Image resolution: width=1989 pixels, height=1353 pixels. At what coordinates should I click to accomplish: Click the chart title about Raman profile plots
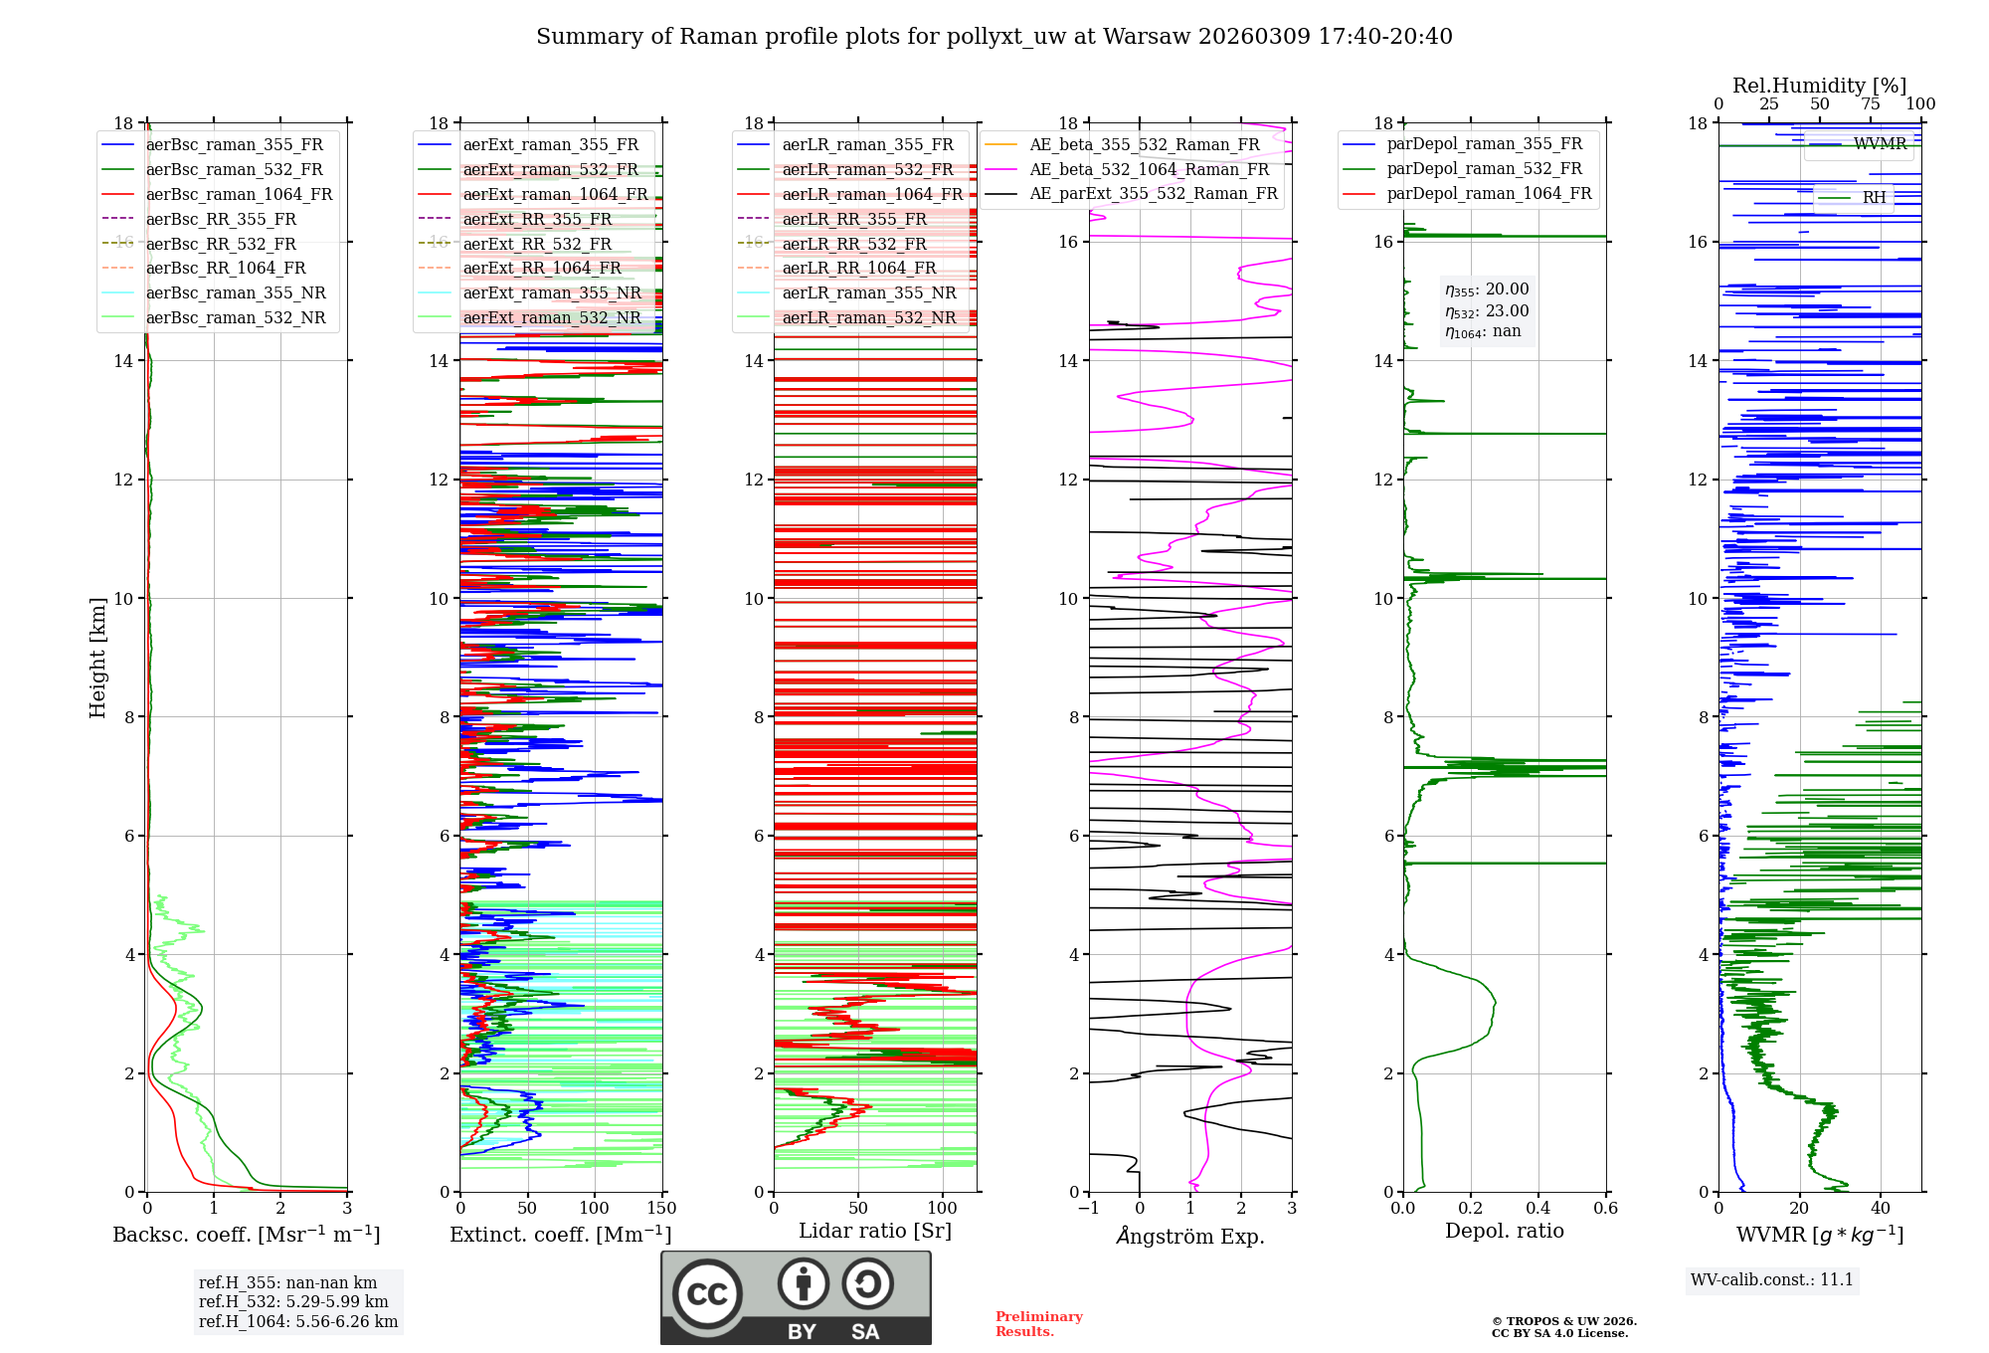994,37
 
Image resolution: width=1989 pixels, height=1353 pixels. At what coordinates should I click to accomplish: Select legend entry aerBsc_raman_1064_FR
239,195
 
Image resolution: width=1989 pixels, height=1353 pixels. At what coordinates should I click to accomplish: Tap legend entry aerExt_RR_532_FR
537,244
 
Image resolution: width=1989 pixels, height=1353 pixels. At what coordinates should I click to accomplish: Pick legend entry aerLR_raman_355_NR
868,293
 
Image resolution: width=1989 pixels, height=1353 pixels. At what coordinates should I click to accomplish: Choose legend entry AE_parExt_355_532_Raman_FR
1153,194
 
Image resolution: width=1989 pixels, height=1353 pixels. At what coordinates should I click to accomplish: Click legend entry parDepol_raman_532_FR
1484,169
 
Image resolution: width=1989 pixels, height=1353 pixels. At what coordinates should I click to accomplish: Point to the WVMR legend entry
1879,144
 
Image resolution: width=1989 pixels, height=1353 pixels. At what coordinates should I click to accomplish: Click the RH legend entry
1874,198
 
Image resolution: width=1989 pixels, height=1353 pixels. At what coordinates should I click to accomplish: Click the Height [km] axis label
97,657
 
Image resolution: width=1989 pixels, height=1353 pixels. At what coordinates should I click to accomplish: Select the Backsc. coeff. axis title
246,1235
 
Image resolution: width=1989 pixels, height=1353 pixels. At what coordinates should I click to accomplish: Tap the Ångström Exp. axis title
1190,1237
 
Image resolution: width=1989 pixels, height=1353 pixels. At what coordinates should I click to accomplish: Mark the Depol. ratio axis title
1504,1232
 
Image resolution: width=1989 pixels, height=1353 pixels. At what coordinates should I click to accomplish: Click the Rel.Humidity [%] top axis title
1819,86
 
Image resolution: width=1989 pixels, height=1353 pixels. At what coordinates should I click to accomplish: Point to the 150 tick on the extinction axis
661,1209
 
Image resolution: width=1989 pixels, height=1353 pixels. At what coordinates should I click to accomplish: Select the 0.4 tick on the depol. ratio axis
1537,1209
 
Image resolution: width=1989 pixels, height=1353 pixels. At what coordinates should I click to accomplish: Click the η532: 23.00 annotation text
1487,311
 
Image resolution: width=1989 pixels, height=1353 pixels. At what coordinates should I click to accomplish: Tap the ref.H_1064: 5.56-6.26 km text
297,1322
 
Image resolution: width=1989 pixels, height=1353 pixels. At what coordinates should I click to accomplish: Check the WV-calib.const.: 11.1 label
1771,1280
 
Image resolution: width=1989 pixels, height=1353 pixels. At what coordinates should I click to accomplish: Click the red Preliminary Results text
1038,1324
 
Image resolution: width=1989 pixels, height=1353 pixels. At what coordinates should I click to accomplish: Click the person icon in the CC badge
803,1284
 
